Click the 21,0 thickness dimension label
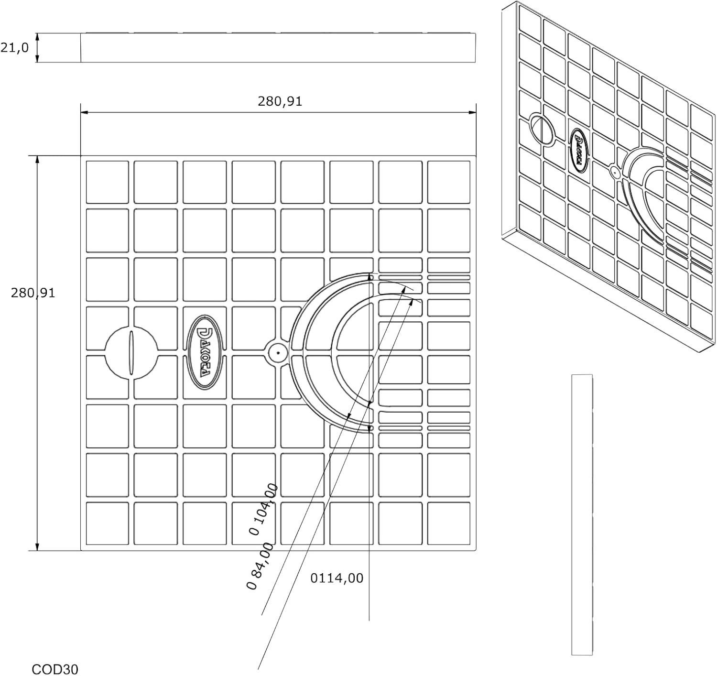14,48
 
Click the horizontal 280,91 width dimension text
280,101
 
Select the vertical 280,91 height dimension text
33,293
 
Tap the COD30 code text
55,669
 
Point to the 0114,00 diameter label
337,578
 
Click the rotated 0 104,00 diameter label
263,509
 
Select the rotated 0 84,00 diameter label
260,566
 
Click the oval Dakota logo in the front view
205,352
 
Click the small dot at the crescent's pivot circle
278,353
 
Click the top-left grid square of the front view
107,182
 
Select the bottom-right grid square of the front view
449,523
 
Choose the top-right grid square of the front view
449,182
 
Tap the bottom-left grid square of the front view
107,523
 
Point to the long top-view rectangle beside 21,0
278,48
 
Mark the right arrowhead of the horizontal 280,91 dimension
472,112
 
